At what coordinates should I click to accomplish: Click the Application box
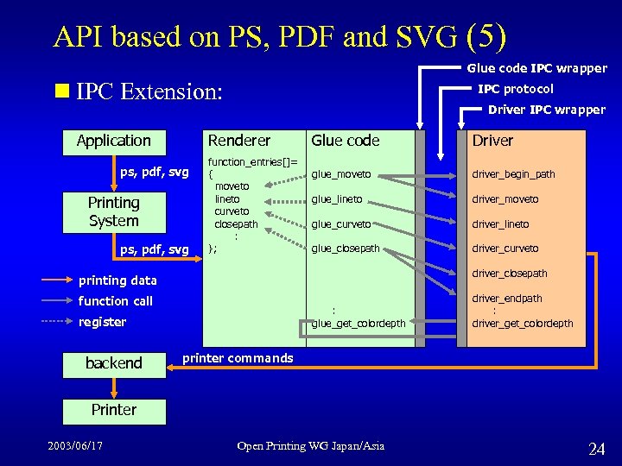point(113,141)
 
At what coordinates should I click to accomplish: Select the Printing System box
point(113,211)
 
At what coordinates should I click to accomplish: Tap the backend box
point(113,363)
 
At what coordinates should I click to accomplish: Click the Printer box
point(113,409)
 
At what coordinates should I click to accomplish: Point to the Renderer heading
point(239,141)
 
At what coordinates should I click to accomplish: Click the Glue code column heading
point(345,141)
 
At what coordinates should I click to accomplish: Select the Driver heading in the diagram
point(492,141)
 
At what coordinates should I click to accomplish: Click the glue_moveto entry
point(341,174)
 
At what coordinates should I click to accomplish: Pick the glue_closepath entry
point(346,249)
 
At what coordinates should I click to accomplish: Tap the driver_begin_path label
point(513,174)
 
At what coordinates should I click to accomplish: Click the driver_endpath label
point(507,299)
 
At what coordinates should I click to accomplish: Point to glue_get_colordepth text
point(359,324)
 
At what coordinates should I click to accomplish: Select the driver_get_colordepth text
point(522,324)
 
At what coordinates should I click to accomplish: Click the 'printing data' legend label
point(117,280)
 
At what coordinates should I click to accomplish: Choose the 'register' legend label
point(102,322)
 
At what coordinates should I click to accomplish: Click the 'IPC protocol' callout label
point(516,89)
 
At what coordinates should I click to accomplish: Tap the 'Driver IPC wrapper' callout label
point(547,110)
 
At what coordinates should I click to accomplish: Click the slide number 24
point(596,449)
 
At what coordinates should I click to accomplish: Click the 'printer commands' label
point(238,358)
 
